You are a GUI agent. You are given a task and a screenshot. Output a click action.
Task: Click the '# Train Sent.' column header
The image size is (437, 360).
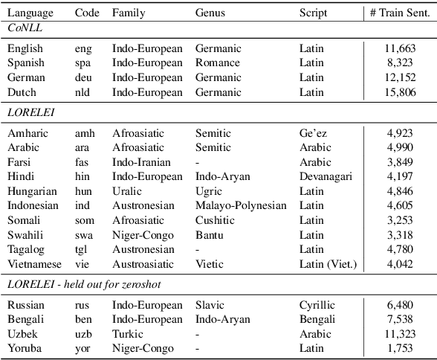pos(399,13)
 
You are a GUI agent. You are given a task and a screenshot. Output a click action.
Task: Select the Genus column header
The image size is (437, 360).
pos(210,13)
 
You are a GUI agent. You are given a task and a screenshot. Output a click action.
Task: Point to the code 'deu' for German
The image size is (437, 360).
pos(84,77)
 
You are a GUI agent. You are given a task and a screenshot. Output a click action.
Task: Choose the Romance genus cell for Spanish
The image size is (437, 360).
pos(217,62)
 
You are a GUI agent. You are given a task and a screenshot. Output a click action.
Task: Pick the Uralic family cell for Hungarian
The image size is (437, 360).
pos(126,191)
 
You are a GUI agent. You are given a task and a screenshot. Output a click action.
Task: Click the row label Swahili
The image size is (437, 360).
pos(26,235)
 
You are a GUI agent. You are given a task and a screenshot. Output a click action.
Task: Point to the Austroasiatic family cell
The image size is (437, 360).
pos(143,264)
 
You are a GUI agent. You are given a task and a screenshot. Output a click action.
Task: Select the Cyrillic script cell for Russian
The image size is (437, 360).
pos(317,305)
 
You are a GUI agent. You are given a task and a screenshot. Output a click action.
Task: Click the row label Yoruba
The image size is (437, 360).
pos(25,348)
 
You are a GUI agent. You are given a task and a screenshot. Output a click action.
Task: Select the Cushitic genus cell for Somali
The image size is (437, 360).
pos(216,220)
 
